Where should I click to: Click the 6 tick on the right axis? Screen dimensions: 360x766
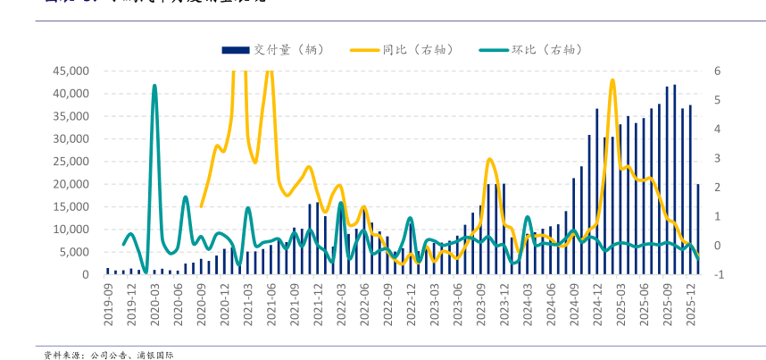click(x=717, y=71)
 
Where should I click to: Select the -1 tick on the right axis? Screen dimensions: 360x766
click(x=719, y=275)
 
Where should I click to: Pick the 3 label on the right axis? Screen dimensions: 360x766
click(x=717, y=158)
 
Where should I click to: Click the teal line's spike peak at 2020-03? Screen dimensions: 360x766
click(x=154, y=86)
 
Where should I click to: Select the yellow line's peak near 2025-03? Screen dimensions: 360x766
click(x=612, y=80)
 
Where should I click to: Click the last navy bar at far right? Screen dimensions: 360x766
click(x=698, y=229)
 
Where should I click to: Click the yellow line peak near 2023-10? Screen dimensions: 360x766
click(x=490, y=159)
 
